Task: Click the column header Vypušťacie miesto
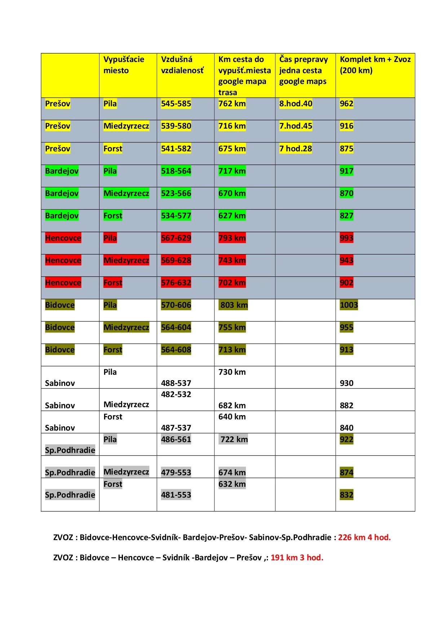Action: pyautogui.click(x=124, y=65)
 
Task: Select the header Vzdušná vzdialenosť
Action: pyautogui.click(x=182, y=65)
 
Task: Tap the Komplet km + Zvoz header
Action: pyautogui.click(x=375, y=65)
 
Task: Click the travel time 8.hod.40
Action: pyautogui.click(x=296, y=104)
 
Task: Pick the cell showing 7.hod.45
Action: pyautogui.click(x=296, y=126)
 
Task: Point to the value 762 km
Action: pyautogui.click(x=232, y=104)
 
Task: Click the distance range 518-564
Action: pyautogui.click(x=176, y=171)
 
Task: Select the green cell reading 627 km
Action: pyautogui.click(x=232, y=215)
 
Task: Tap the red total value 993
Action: pyautogui.click(x=346, y=238)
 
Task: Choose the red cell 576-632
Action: pyautogui.click(x=176, y=282)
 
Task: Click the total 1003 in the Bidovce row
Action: pyautogui.click(x=349, y=305)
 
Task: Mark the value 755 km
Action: pyautogui.click(x=232, y=327)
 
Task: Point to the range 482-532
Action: pyautogui.click(x=176, y=394)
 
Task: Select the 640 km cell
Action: pyautogui.click(x=232, y=417)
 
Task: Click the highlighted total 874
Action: pyautogui.click(x=346, y=472)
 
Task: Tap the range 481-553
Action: pyautogui.click(x=176, y=495)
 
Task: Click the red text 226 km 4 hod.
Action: pyautogui.click(x=364, y=537)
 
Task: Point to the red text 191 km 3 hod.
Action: pyautogui.click(x=297, y=557)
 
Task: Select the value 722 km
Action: pyautogui.click(x=234, y=439)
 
